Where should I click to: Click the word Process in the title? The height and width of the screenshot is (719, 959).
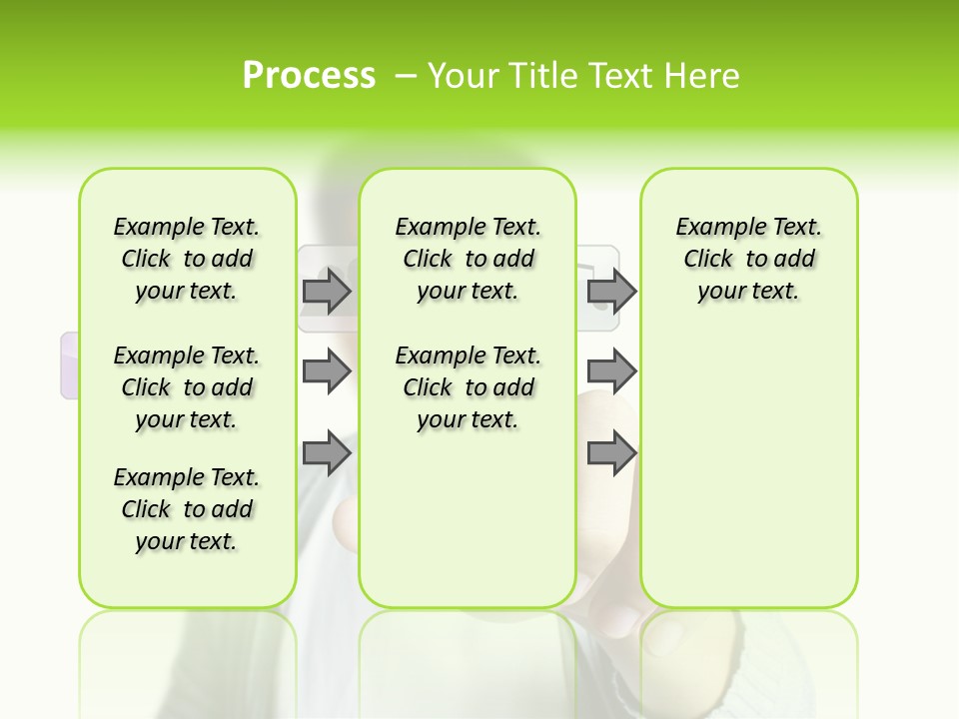[x=309, y=76]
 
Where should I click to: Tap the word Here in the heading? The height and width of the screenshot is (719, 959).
[x=703, y=76]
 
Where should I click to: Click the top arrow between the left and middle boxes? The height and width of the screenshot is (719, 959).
[x=327, y=291]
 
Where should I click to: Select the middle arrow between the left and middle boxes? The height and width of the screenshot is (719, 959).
[x=327, y=371]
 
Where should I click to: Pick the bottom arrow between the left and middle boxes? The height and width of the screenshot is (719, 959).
[x=327, y=453]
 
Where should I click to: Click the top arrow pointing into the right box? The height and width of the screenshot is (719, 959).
[x=611, y=291]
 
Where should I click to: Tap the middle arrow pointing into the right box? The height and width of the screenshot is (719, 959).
[x=611, y=371]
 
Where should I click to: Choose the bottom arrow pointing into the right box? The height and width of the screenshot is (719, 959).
[x=611, y=453]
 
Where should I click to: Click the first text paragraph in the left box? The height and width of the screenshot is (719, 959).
[x=187, y=259]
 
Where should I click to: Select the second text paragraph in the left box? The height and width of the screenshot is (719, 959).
[x=187, y=387]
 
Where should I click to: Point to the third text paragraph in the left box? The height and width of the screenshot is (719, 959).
[x=187, y=509]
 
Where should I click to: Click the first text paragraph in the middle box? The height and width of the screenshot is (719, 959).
[x=468, y=259]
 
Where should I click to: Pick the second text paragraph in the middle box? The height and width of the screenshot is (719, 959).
[x=468, y=387]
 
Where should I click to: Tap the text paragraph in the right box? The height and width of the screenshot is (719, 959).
[x=748, y=259]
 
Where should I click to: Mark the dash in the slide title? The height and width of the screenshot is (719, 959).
[x=406, y=76]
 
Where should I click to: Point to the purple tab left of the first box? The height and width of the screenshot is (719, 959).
[x=70, y=365]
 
